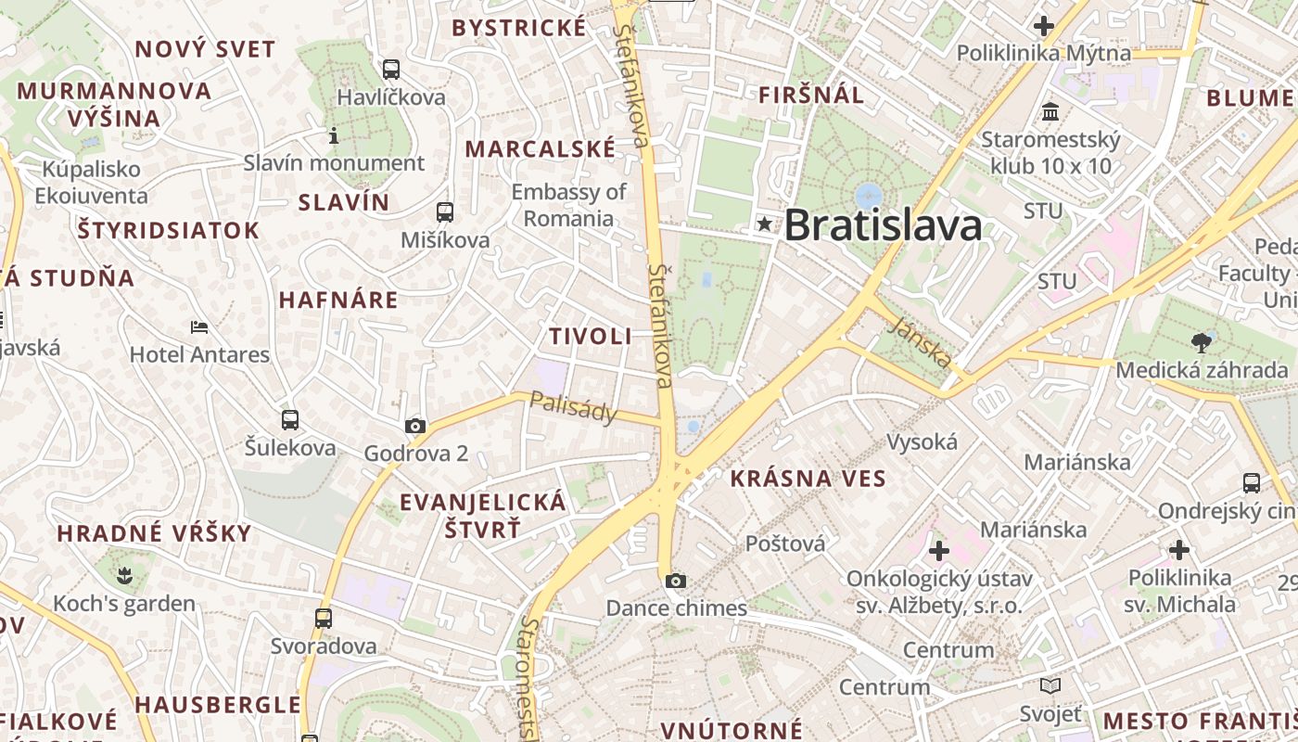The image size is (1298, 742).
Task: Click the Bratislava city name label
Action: tap(883, 225)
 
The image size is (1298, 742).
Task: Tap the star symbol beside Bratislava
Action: tap(764, 224)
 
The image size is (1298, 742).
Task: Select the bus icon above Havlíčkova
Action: tap(391, 69)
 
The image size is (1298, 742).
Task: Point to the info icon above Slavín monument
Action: tap(334, 136)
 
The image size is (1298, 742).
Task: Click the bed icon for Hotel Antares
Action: tap(199, 326)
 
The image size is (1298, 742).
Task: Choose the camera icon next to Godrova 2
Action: tap(415, 427)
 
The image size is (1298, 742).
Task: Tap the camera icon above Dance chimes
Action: tap(676, 581)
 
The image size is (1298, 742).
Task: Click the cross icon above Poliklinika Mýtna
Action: tap(1044, 26)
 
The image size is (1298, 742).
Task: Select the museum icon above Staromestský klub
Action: tap(1050, 112)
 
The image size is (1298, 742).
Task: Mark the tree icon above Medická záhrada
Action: tap(1202, 342)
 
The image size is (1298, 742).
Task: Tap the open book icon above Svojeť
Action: tap(1050, 685)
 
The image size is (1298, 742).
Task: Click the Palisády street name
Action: tap(573, 407)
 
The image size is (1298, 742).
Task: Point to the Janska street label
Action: tap(921, 341)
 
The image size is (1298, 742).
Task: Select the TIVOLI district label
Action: tap(591, 337)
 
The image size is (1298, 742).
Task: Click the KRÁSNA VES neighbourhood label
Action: tap(808, 479)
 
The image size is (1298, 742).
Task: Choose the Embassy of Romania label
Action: tap(569, 205)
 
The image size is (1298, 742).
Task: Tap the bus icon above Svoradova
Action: tap(324, 618)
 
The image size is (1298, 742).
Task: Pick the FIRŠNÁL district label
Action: tap(811, 95)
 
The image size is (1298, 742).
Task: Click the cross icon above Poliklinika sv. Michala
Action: tap(1179, 550)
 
